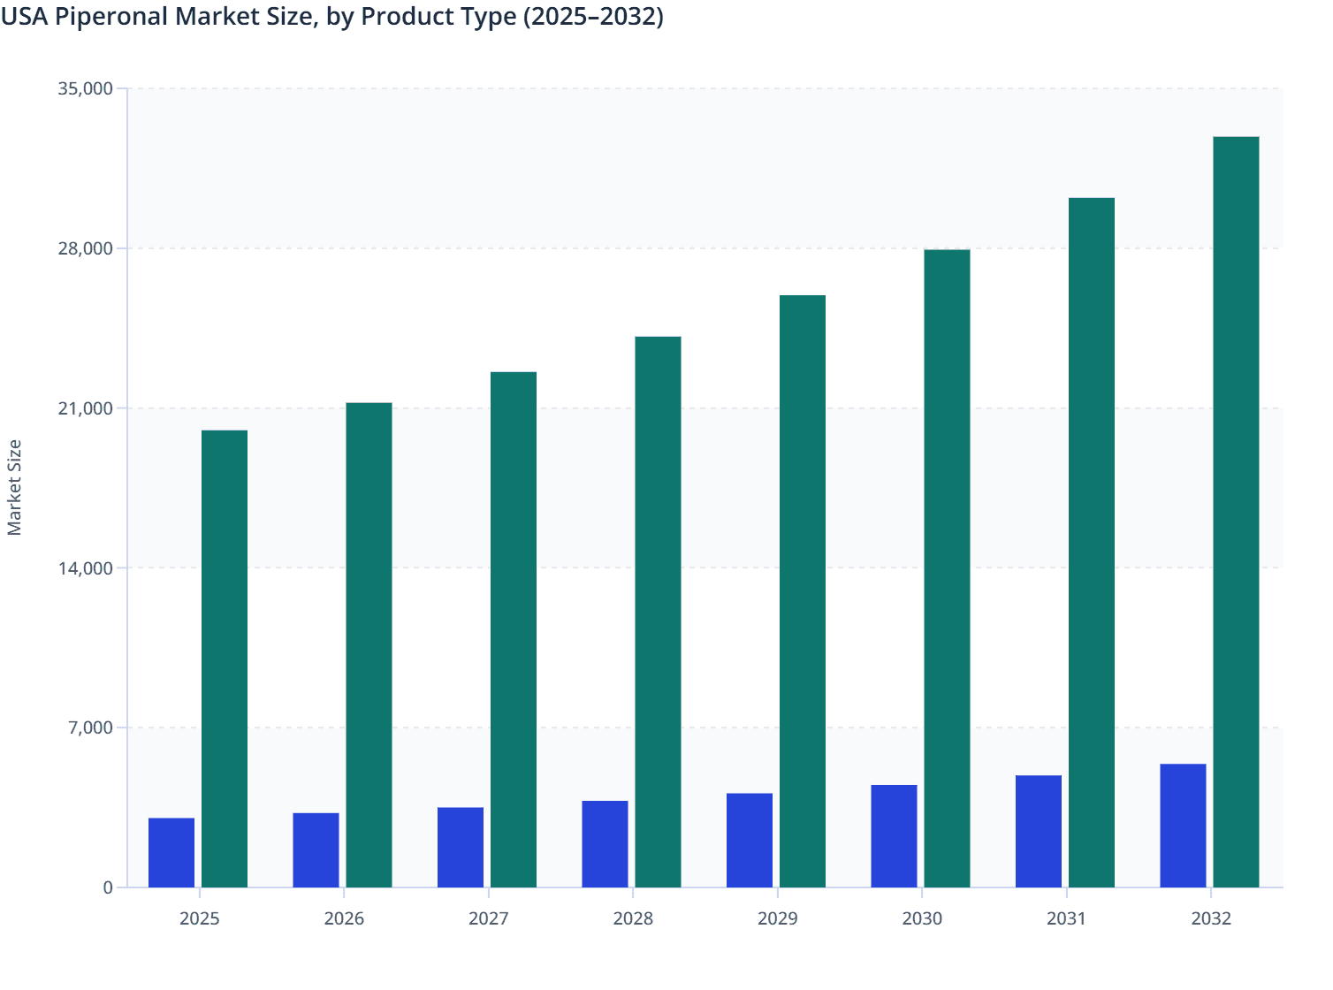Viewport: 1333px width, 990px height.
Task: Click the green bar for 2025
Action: coord(225,659)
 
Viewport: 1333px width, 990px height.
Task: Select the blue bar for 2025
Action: coord(171,853)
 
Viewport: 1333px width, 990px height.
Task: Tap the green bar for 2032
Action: coord(1236,512)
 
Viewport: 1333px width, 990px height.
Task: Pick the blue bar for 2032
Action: coord(1183,826)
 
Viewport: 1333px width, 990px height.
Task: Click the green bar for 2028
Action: coord(658,612)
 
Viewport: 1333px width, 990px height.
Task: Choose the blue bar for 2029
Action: coord(750,841)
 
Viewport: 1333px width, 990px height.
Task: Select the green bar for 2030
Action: coord(947,568)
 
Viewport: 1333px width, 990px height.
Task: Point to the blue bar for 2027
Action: coord(461,848)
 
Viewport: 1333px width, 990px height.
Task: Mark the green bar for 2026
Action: coord(369,645)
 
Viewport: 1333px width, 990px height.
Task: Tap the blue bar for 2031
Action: coord(1039,832)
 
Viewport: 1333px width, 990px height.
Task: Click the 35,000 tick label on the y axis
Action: coord(85,88)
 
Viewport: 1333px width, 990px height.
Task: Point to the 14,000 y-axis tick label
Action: coord(85,568)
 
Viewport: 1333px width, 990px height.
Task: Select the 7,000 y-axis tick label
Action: coord(90,728)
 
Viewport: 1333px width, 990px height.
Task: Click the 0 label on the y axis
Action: coord(108,888)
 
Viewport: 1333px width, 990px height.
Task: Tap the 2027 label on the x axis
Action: coord(489,919)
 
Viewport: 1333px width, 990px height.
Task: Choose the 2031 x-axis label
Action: coord(1067,919)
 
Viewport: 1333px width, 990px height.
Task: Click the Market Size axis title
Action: coord(15,488)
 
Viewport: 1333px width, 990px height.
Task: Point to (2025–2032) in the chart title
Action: coord(592,17)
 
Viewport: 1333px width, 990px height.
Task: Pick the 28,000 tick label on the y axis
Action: coord(85,248)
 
